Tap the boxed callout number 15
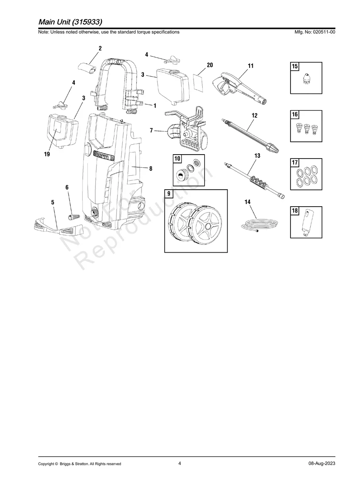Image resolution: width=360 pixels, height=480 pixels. (x=294, y=67)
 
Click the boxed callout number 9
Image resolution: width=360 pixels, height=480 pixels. (x=169, y=194)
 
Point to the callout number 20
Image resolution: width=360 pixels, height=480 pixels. (x=210, y=65)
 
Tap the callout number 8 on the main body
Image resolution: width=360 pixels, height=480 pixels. (x=151, y=168)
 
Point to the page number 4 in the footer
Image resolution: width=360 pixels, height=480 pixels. (x=180, y=463)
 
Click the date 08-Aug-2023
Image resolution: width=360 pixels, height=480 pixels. (x=321, y=464)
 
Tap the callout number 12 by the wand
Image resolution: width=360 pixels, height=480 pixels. (x=254, y=116)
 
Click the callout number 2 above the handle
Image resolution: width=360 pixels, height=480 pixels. (x=100, y=48)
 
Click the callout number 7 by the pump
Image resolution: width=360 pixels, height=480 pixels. (x=151, y=130)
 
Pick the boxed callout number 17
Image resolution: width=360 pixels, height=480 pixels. (x=294, y=163)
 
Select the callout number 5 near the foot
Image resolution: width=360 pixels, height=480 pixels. (x=53, y=202)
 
